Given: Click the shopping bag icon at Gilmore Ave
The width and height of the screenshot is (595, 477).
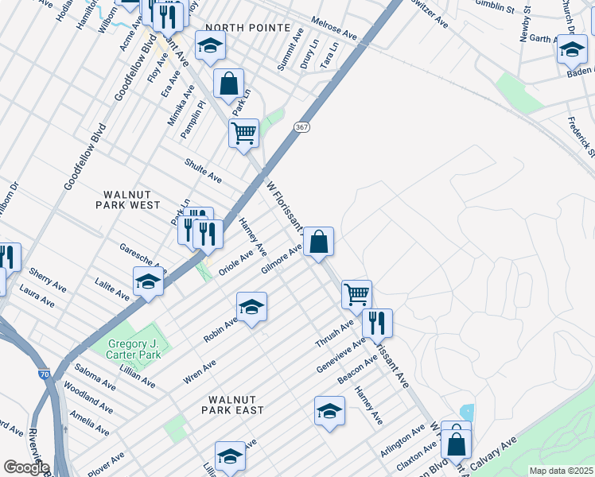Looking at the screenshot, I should point(318,242).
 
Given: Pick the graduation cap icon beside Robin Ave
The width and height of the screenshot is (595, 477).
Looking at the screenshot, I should point(251,307).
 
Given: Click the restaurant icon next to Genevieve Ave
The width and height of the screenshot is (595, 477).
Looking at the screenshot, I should point(377,323).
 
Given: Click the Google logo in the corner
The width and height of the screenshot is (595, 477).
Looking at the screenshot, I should point(25,467).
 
